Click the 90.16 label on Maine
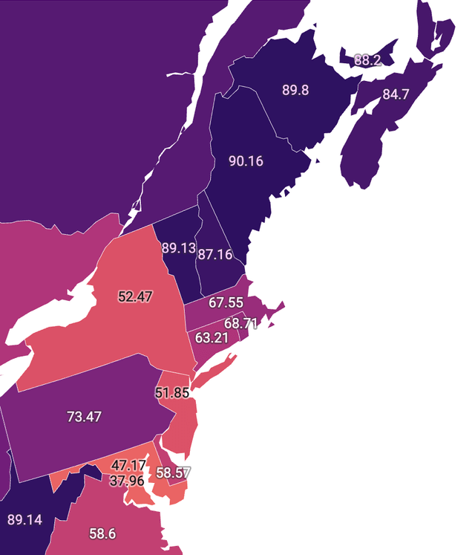[x=246, y=161]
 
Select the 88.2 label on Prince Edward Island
[x=367, y=60]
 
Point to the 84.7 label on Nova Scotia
[x=396, y=94]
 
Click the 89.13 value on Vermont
[x=178, y=248]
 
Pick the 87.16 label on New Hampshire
[x=214, y=255]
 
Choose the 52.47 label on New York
[x=135, y=296]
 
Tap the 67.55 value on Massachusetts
[x=226, y=303]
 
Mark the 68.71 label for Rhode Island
[x=240, y=324]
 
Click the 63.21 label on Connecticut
[x=212, y=338]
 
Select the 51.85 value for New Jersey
[x=172, y=393]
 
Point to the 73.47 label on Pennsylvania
[x=84, y=417]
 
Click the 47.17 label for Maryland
[x=128, y=466]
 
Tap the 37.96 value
[x=127, y=481]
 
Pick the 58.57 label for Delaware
[x=174, y=473]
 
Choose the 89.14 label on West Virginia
[x=24, y=519]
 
